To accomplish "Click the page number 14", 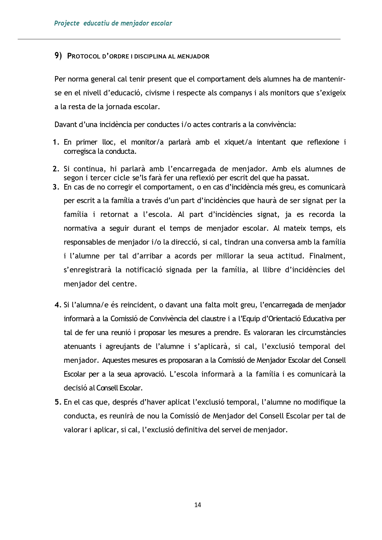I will [x=198, y=505].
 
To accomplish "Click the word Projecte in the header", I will [x=67, y=23].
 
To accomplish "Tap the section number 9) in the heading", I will [x=58, y=56].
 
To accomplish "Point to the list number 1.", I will [x=56, y=142].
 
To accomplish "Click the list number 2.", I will [x=56, y=169].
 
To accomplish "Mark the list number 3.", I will [x=56, y=187].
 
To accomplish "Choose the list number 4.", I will [x=58, y=305].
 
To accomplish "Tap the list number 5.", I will [x=58, y=402].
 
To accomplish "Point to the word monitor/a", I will [x=147, y=142].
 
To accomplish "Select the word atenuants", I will [x=79, y=346].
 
